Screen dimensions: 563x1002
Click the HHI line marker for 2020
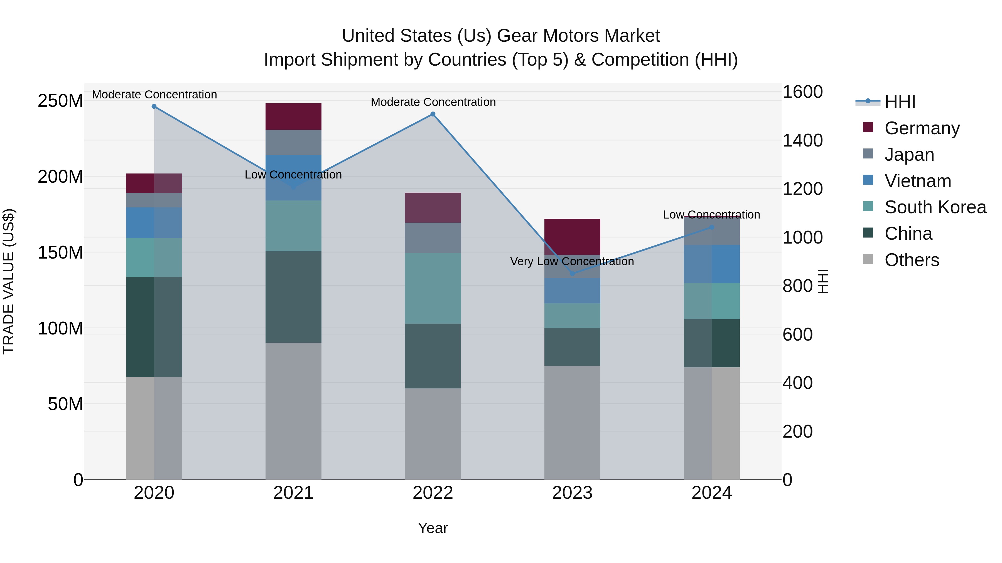coord(154,106)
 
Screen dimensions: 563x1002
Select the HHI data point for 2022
coord(433,114)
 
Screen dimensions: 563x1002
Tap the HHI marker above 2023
coord(572,274)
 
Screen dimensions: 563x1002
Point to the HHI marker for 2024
coord(712,227)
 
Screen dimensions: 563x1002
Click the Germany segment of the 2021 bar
coord(293,116)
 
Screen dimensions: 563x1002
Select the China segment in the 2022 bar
coord(433,356)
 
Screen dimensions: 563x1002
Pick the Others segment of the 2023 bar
coord(572,422)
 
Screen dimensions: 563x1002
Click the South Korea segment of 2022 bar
coord(433,288)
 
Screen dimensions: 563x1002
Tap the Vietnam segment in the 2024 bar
coord(712,264)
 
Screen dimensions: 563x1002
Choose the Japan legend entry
coord(909,155)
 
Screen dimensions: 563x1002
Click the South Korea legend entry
coord(935,207)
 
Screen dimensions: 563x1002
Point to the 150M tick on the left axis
coord(60,252)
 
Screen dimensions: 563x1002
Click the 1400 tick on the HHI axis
coord(802,141)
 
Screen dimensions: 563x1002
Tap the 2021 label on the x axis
coord(293,493)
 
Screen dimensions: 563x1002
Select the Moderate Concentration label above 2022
coord(433,102)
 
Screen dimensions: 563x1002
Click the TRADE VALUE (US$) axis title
coord(9,281)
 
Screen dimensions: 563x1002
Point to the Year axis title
coord(433,529)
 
